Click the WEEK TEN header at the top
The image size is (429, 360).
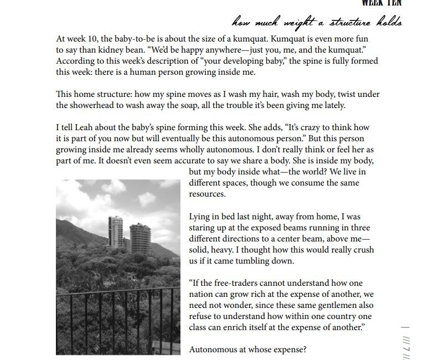pos(381,3)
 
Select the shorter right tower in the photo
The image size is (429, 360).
pos(140,236)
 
